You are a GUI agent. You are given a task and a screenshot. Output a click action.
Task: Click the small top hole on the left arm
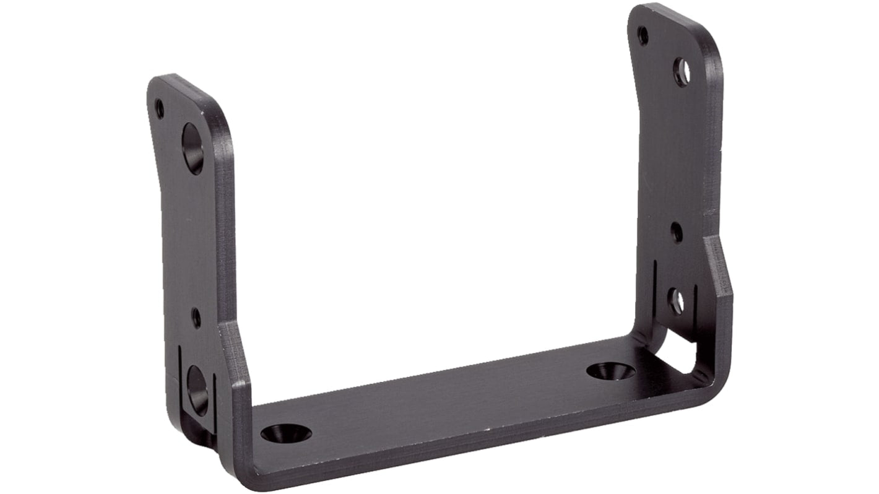160,109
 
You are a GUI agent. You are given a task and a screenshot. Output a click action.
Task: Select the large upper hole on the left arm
193,149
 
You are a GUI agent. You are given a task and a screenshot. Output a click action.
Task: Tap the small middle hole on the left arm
196,318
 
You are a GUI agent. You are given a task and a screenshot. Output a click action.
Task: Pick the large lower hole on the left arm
197,390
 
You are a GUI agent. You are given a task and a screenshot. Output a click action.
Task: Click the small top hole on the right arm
643,35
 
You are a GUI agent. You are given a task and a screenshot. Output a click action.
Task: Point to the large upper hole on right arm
682,72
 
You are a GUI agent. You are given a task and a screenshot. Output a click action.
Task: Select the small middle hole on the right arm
677,232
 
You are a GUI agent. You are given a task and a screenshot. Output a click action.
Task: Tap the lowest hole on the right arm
676,301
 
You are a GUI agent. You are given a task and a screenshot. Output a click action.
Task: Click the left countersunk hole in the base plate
286,433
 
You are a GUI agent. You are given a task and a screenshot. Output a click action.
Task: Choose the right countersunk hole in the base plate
611,371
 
